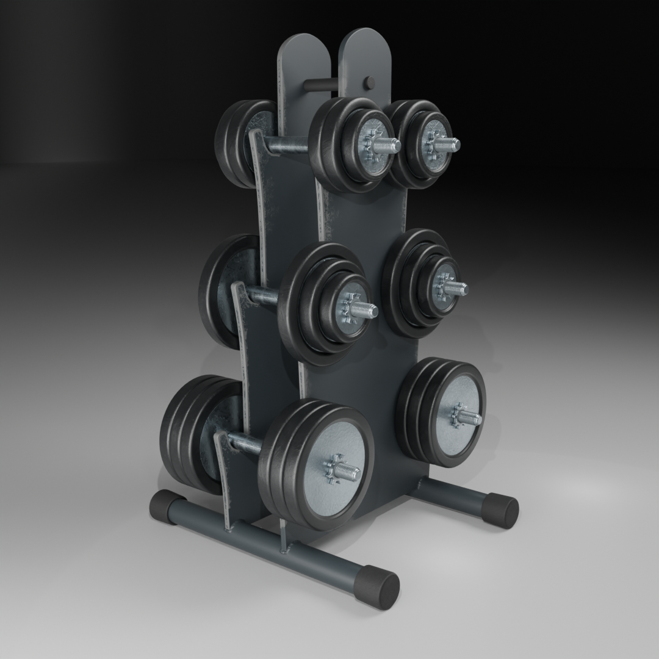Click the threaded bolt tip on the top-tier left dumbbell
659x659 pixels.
point(391,146)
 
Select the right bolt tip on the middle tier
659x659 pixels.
point(460,288)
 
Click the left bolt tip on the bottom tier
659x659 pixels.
point(350,472)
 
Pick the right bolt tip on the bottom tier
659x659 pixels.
point(472,417)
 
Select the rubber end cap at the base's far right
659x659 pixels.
point(503,510)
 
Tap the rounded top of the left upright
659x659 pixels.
point(304,49)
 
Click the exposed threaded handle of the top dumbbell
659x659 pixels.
point(287,146)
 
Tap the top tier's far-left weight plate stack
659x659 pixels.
point(235,143)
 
